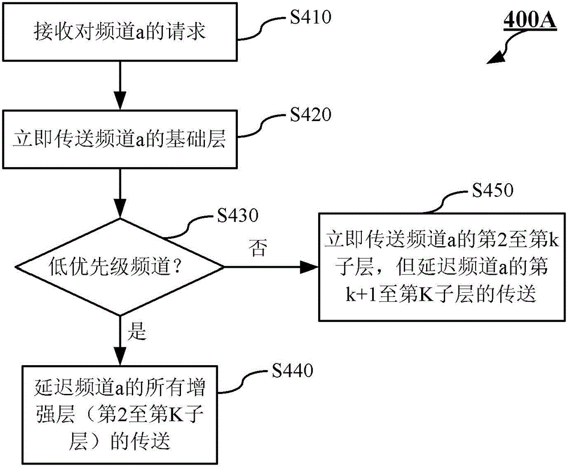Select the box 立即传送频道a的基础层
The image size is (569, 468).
[120, 140]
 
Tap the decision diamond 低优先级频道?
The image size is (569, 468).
[120, 266]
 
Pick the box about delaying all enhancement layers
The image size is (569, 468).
[120, 410]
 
